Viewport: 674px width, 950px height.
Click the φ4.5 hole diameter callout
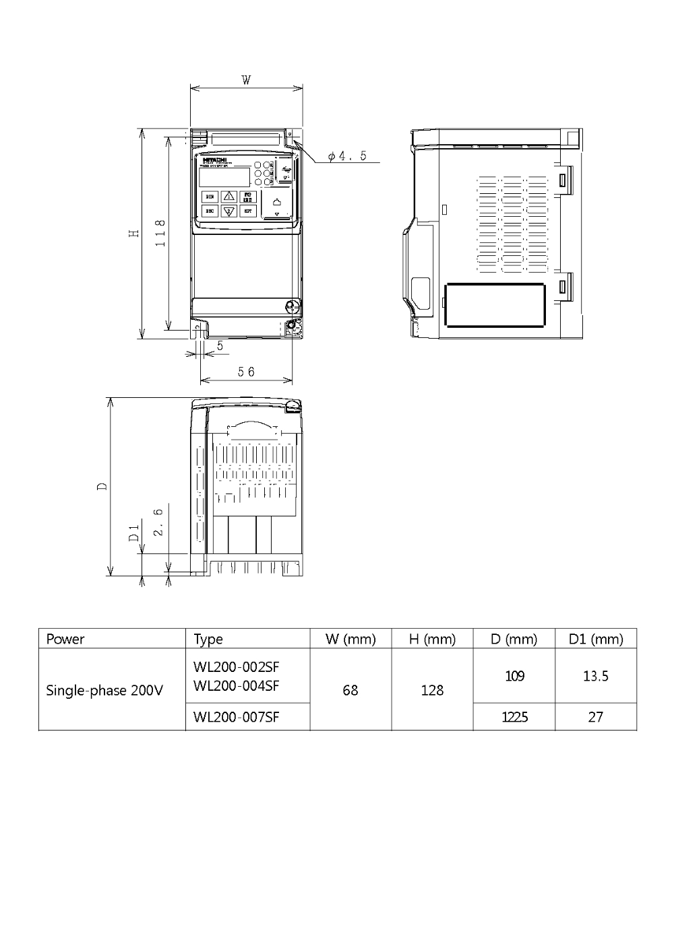pos(347,156)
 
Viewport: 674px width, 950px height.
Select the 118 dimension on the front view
pos(160,232)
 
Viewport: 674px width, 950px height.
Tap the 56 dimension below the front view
pos(247,372)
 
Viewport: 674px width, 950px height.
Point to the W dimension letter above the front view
pos(247,80)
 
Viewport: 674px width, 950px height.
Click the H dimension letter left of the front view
pos(135,232)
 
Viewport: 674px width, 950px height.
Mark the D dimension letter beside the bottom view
pos(102,486)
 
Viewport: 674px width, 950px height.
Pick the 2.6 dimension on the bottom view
pos(158,522)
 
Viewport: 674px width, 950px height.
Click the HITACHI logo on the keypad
pos(215,160)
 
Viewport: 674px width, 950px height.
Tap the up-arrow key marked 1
pos(229,197)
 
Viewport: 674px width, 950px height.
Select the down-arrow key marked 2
pos(229,211)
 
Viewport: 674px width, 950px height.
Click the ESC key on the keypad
pos(210,211)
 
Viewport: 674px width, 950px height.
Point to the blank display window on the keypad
pos(223,176)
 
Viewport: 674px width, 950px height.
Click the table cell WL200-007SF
pos(236,717)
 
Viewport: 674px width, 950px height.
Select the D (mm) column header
pos(514,639)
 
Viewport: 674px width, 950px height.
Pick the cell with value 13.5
pos(595,676)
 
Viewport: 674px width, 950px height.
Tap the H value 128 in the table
pos(432,690)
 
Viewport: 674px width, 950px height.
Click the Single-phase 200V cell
pos(104,690)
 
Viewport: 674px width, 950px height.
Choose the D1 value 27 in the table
pos(595,717)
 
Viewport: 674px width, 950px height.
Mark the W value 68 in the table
pos(350,690)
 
